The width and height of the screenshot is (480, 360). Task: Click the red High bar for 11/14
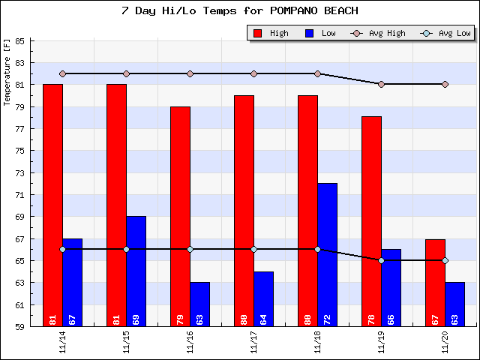click(x=52, y=202)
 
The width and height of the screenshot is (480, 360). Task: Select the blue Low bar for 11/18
click(x=327, y=251)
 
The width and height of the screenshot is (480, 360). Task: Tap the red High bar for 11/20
click(x=435, y=281)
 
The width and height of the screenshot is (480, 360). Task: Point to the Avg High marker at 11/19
click(x=381, y=84)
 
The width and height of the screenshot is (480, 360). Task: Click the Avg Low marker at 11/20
click(x=445, y=260)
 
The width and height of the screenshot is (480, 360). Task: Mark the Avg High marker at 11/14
click(x=62, y=73)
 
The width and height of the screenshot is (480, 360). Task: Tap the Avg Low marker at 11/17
click(x=253, y=249)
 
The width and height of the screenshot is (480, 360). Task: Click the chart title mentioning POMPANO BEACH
click(x=239, y=10)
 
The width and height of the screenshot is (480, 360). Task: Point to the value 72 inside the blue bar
click(x=327, y=319)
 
